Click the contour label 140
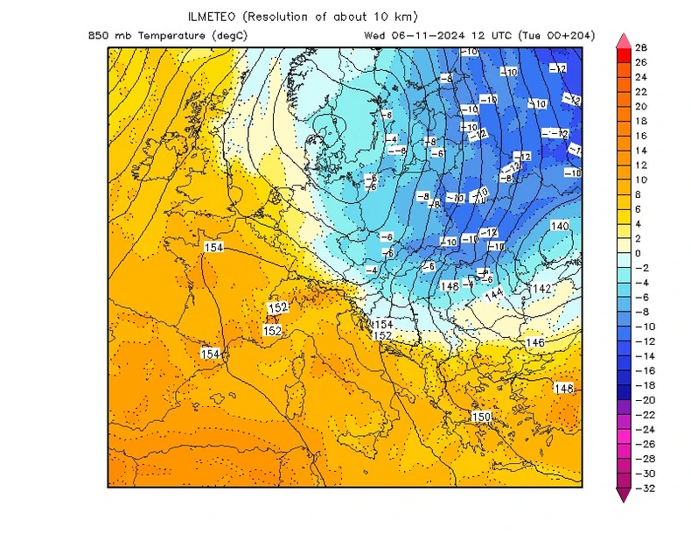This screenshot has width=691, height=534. (x=560, y=226)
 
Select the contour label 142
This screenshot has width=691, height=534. (x=541, y=289)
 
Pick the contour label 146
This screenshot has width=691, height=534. (x=535, y=342)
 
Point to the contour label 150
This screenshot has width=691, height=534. (x=481, y=417)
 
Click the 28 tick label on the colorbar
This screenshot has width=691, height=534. (x=641, y=47)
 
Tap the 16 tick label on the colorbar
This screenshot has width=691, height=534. (x=641, y=136)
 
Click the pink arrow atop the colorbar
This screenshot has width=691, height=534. (x=623, y=40)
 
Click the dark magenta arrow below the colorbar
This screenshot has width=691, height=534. (x=623, y=495)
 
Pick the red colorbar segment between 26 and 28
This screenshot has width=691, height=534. (x=623, y=55)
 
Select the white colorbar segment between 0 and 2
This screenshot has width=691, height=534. (x=623, y=246)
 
